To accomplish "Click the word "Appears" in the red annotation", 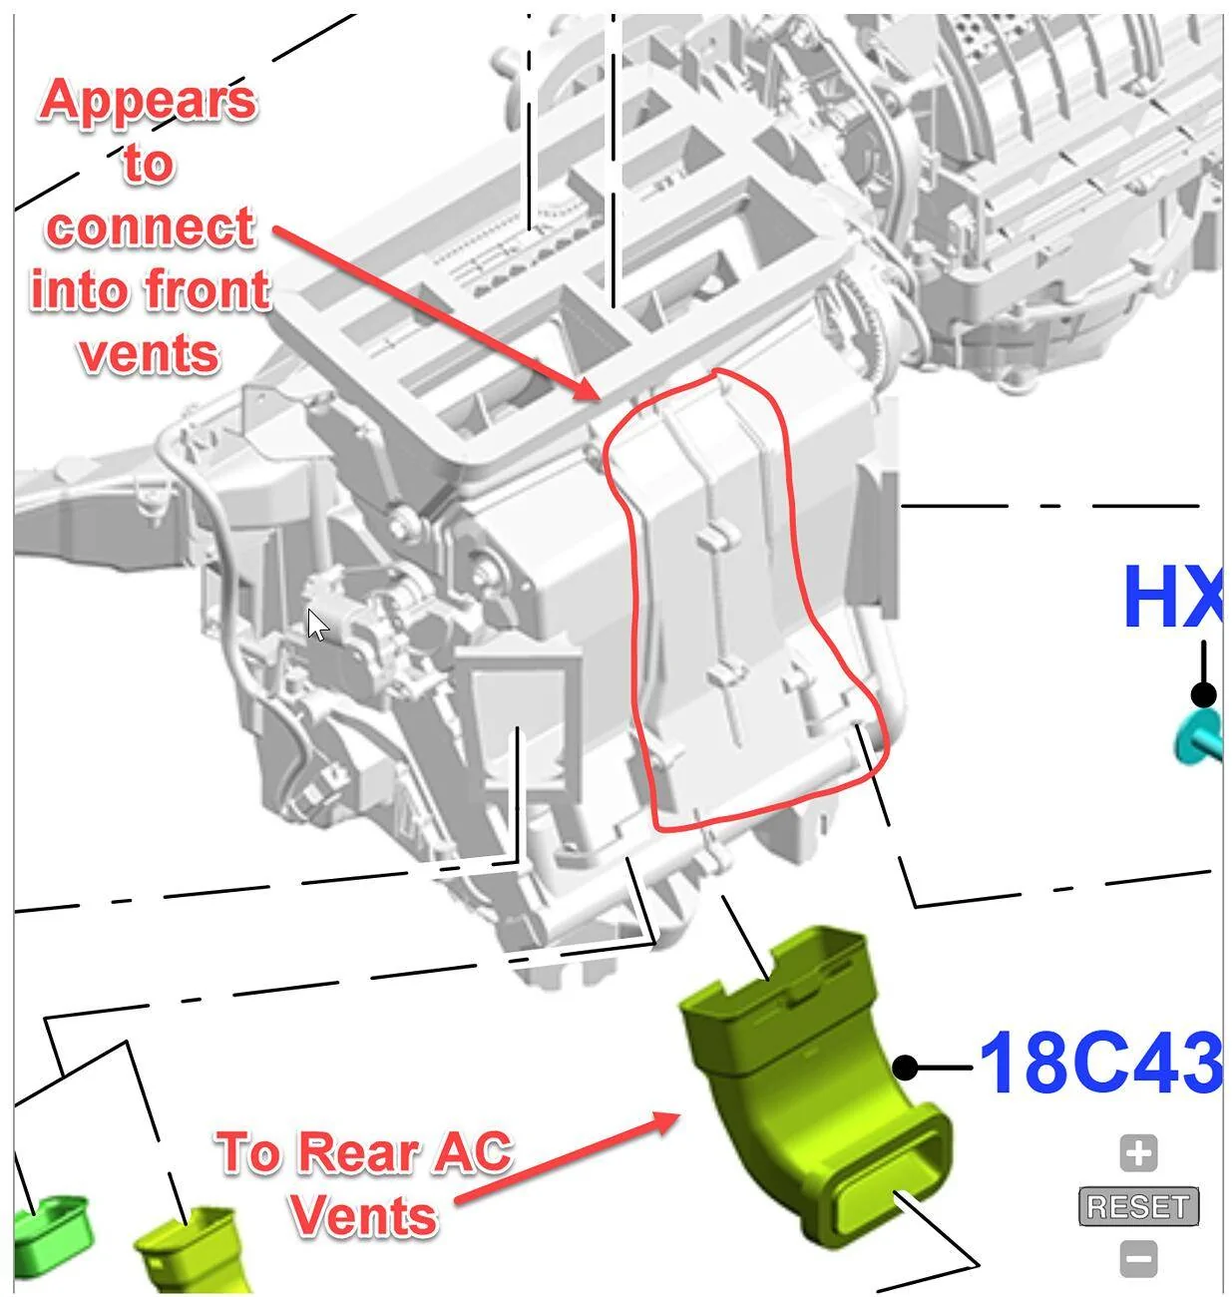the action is [148, 102].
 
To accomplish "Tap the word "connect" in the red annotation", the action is [151, 228].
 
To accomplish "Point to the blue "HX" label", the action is [1172, 597].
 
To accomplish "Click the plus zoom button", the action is [1138, 1153].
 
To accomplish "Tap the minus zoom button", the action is [1138, 1259].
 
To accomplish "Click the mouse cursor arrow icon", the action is [317, 625].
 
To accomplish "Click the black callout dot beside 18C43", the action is [906, 1067].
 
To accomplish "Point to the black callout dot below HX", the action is [1204, 695].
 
